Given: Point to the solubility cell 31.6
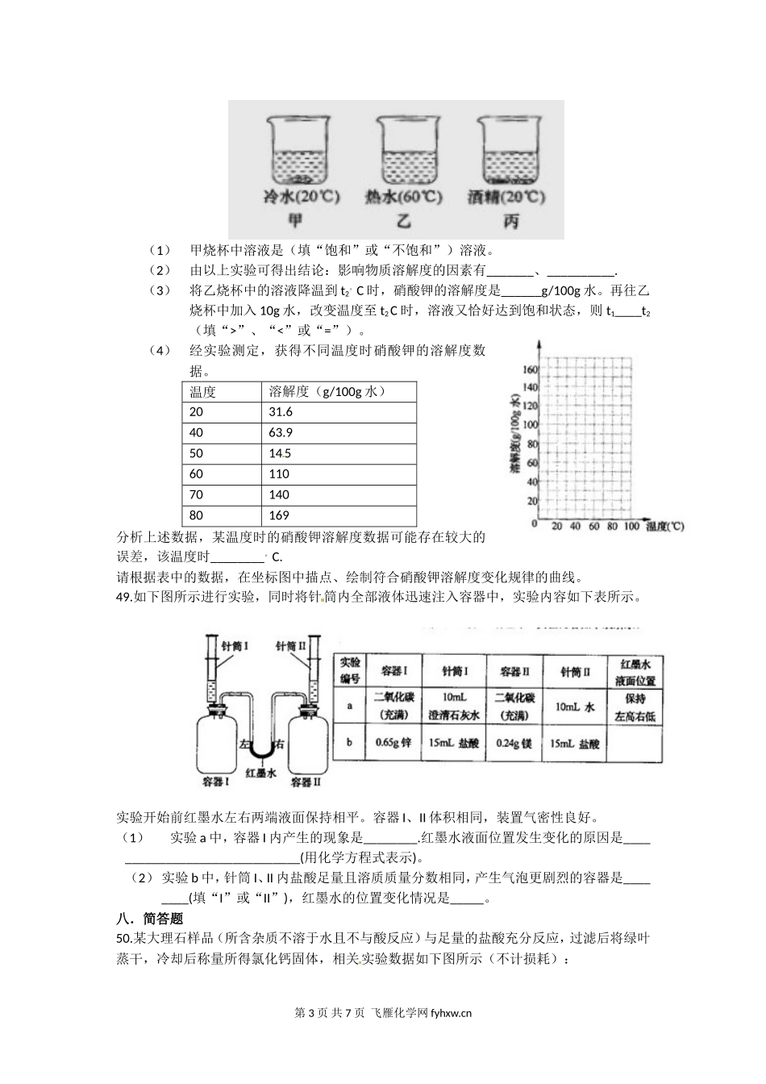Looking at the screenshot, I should (x=281, y=411).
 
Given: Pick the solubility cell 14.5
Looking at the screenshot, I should (x=281, y=453).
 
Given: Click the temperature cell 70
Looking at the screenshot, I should (x=197, y=494).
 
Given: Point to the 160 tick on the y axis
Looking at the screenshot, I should (x=529, y=369).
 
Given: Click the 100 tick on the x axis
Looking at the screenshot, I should (x=631, y=527).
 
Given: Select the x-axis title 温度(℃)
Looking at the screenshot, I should (x=665, y=527).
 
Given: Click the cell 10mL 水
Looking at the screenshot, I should (x=576, y=706).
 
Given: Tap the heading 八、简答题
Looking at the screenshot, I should (x=149, y=918).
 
